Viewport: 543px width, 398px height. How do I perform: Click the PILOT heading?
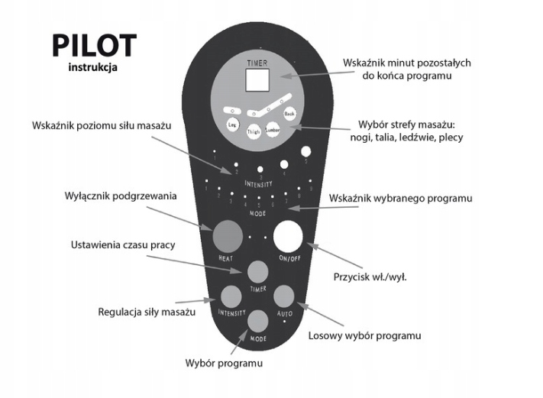click(x=93, y=46)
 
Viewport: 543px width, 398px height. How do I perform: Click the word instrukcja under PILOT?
click(x=93, y=67)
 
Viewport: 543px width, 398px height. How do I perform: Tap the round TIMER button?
click(x=258, y=273)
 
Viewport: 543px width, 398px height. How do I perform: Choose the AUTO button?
click(x=284, y=296)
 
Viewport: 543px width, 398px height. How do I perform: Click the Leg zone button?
click(x=233, y=124)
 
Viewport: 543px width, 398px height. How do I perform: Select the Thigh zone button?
click(x=254, y=131)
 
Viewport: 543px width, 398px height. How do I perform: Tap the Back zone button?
click(x=289, y=114)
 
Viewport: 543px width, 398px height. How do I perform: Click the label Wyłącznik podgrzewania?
click(x=121, y=196)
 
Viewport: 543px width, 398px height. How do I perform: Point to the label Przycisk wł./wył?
click(x=370, y=276)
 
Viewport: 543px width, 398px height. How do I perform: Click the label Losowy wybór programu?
click(x=364, y=335)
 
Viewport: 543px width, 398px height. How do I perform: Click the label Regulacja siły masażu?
click(x=147, y=312)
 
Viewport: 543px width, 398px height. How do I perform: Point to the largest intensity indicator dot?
click(x=306, y=151)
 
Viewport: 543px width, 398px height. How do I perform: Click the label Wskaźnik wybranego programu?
click(x=401, y=198)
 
